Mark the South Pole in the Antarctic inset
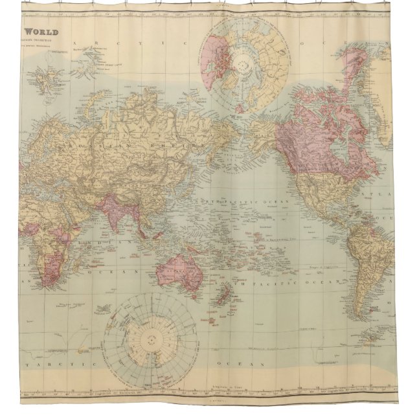153,336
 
